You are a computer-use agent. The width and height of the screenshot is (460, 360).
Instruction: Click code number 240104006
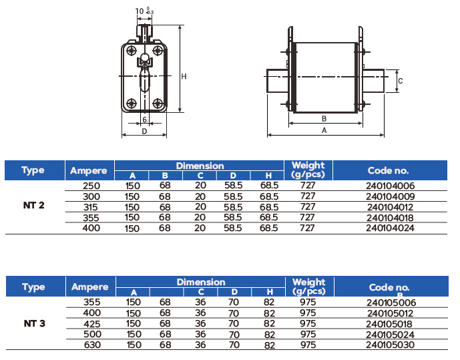[x=390, y=186]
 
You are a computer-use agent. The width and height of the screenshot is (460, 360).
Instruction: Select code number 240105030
[x=390, y=345]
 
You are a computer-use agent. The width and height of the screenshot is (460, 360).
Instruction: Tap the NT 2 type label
[x=34, y=205]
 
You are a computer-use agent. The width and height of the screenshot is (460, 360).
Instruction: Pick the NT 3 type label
[x=35, y=323]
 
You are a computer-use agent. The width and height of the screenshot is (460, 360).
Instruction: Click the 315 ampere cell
[x=90, y=208]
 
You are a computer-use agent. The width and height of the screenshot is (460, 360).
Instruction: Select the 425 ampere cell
[x=92, y=324]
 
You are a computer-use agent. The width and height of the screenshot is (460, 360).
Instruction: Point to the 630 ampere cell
[x=92, y=345]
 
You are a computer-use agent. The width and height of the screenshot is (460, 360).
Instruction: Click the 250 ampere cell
[x=91, y=186]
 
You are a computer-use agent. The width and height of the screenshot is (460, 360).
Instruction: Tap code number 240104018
[x=390, y=218]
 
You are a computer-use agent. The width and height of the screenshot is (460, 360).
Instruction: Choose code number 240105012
[x=390, y=313]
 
